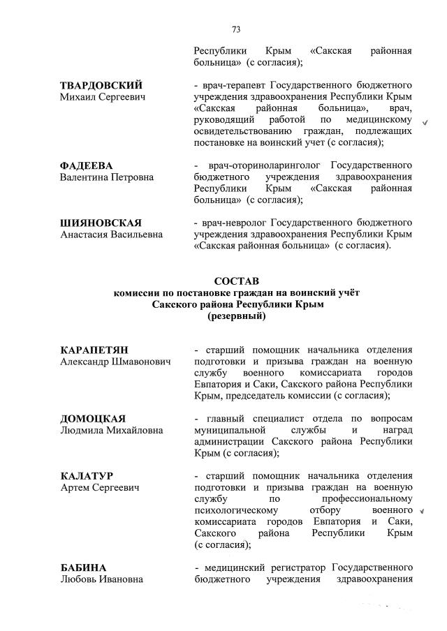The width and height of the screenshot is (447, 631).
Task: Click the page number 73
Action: click(x=236, y=29)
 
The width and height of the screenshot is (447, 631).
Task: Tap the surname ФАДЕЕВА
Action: click(x=87, y=165)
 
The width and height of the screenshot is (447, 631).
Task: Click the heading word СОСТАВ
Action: click(x=236, y=280)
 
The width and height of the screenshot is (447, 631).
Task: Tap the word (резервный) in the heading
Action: click(x=236, y=316)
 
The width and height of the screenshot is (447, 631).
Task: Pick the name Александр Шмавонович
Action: click(x=116, y=362)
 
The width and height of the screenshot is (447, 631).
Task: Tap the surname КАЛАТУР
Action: click(x=87, y=475)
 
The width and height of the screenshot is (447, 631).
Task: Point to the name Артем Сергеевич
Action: click(x=99, y=487)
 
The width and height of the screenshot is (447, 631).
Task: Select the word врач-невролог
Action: click(x=234, y=223)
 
